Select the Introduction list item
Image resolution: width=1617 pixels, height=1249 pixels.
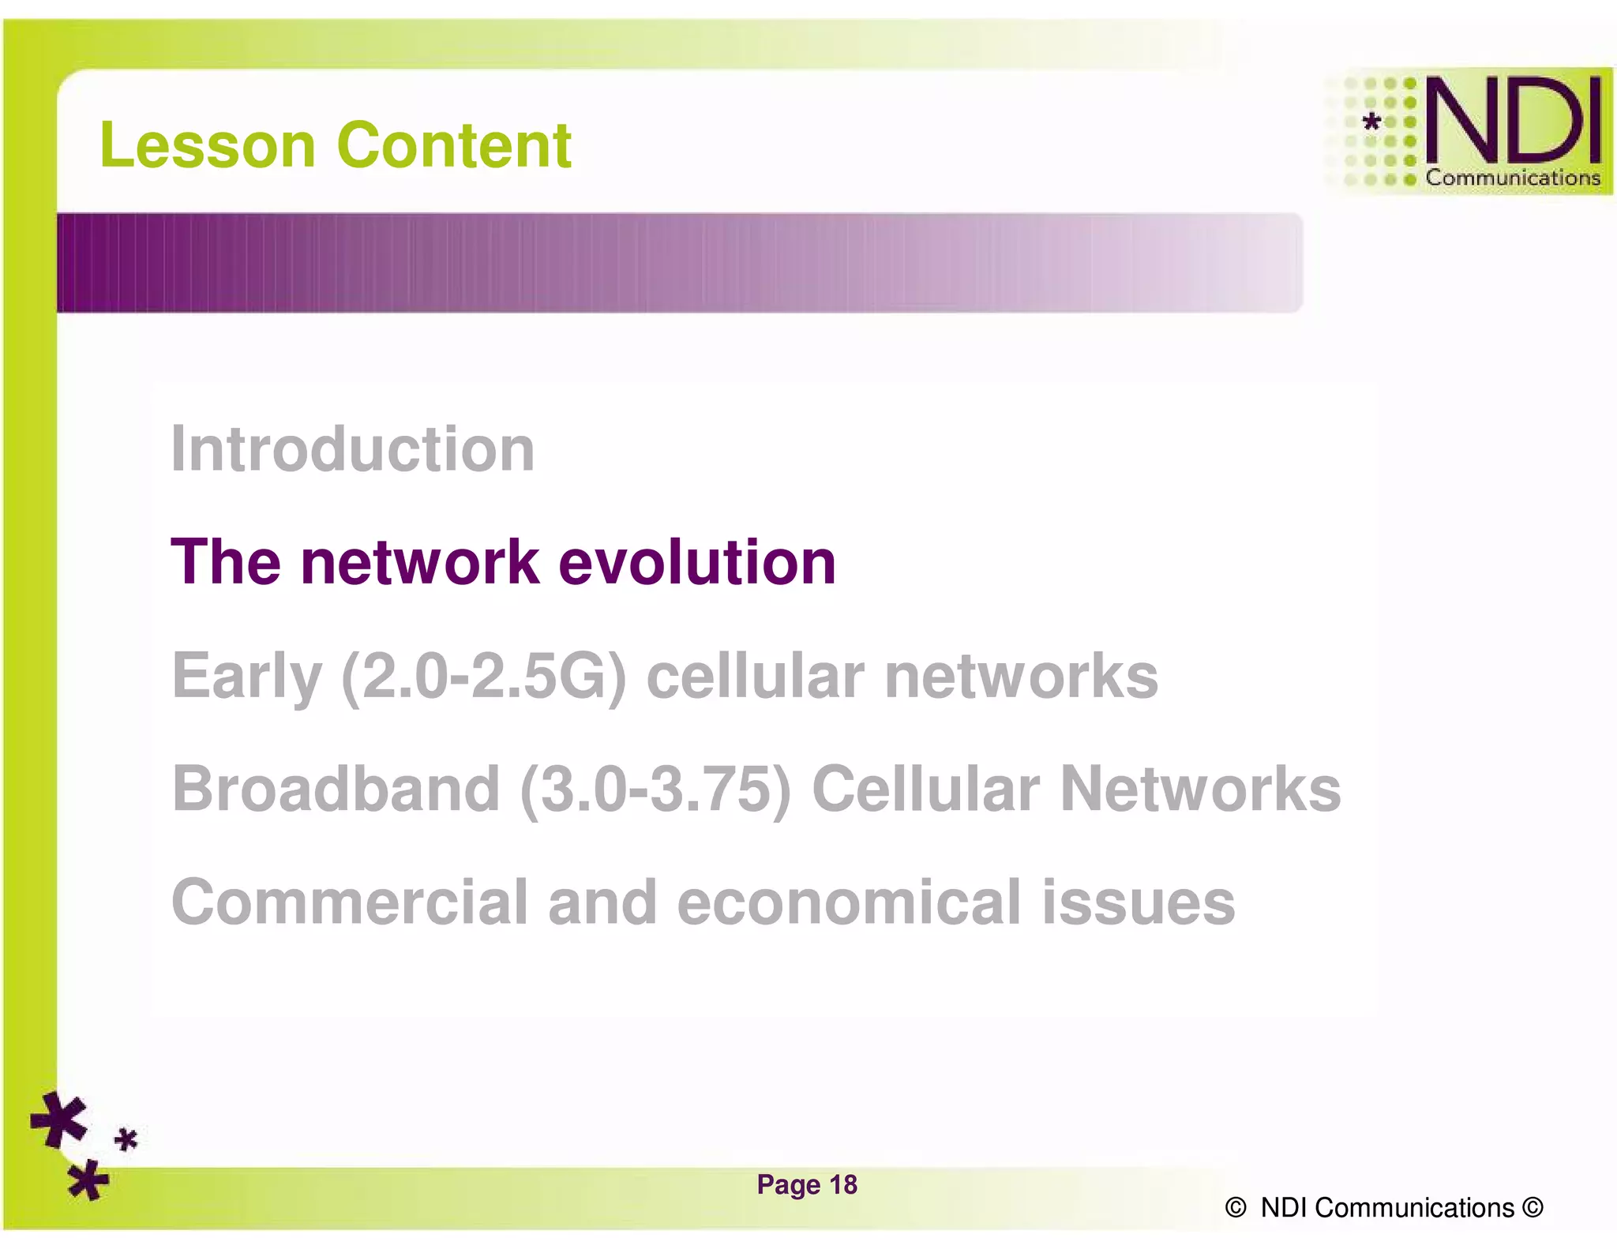point(353,449)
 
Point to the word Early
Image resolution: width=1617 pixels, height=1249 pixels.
point(246,677)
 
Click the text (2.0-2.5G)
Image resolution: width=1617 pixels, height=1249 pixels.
point(484,677)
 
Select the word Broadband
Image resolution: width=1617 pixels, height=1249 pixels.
point(336,789)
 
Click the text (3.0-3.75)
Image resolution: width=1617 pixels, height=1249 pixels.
point(655,789)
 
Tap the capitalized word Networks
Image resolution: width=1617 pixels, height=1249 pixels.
point(1200,789)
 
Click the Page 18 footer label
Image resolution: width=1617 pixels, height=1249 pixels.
point(806,1184)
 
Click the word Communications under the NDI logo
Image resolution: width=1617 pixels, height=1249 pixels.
point(1512,178)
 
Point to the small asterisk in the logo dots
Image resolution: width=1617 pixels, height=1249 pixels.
point(1372,122)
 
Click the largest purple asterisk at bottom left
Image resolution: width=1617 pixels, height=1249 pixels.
point(59,1120)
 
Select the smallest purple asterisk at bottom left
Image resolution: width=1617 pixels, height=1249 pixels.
point(126,1140)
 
